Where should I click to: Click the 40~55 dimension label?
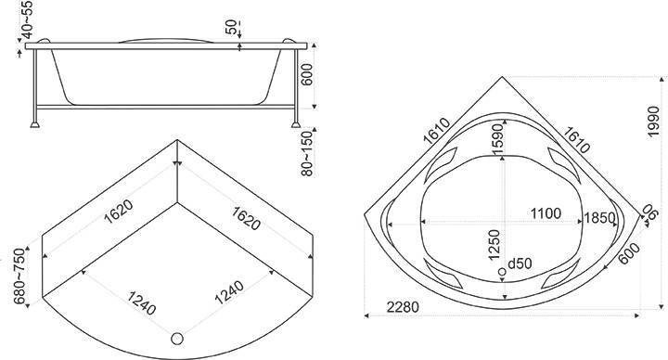coord(27,20)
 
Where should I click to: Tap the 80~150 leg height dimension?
coord(306,154)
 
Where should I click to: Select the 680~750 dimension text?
coord(19,276)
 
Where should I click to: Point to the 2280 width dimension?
coord(403,307)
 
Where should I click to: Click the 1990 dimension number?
coord(652,122)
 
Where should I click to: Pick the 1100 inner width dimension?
coord(546,213)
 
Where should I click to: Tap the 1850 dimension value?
coord(599,218)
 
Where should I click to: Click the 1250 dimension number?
coord(494,245)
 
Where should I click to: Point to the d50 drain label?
coord(520,264)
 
